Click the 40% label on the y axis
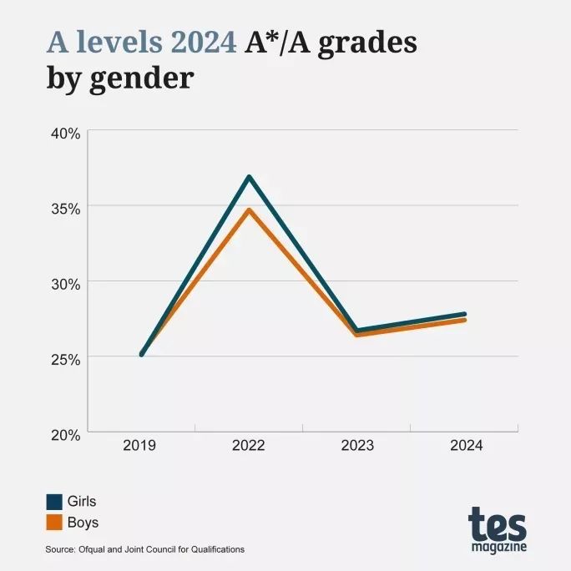click(x=63, y=133)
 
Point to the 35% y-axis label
click(x=63, y=208)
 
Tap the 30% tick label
click(x=63, y=283)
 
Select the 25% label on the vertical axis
click(x=63, y=359)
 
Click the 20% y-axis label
click(x=63, y=434)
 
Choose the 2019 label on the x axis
click(x=139, y=446)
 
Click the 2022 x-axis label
click(x=248, y=446)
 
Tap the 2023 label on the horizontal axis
click(x=357, y=446)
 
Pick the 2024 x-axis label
click(x=466, y=446)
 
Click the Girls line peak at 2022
click(x=249, y=177)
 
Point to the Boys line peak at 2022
click(x=249, y=210)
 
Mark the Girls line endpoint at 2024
click(x=464, y=314)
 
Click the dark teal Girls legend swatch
click(x=54, y=502)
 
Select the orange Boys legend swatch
click(x=54, y=523)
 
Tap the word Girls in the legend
click(x=82, y=502)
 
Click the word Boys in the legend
click(x=83, y=523)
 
